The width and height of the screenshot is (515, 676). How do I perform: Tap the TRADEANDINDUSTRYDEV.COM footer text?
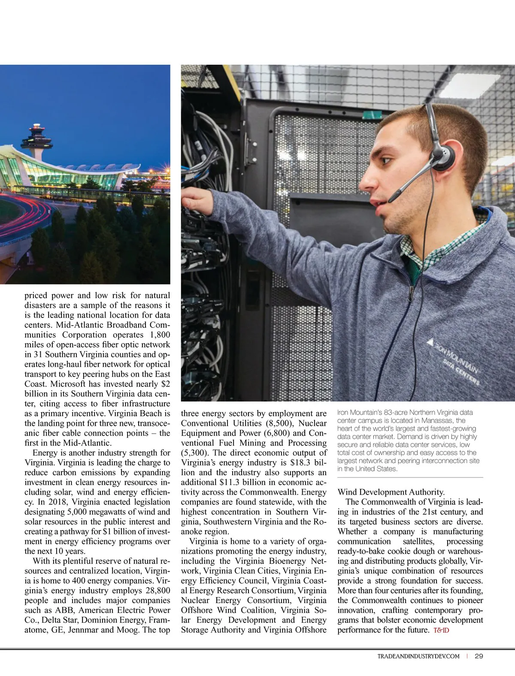click(x=418, y=656)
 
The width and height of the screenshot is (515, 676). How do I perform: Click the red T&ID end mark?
click(x=441, y=631)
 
